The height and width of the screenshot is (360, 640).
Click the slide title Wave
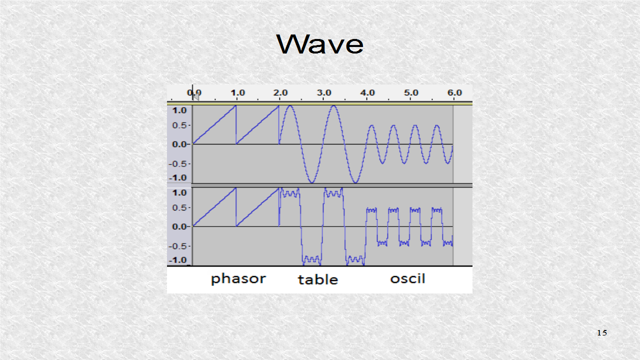pyautogui.click(x=320, y=44)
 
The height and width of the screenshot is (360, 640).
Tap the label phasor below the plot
pyautogui.click(x=238, y=278)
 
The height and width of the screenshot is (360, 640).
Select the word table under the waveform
pyautogui.click(x=318, y=279)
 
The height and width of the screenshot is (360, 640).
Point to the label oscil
pyautogui.click(x=407, y=278)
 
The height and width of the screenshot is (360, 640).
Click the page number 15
pyautogui.click(x=601, y=333)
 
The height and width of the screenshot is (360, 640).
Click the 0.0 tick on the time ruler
pyautogui.click(x=194, y=92)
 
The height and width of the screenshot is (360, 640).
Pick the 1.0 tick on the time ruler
pyautogui.click(x=237, y=92)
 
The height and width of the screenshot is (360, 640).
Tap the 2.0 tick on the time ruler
pyautogui.click(x=281, y=92)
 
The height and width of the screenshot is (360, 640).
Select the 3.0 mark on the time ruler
pyautogui.click(x=324, y=92)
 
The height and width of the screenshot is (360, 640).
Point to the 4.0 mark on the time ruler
pyautogui.click(x=367, y=92)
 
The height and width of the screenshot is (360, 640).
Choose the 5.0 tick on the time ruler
pyautogui.click(x=411, y=92)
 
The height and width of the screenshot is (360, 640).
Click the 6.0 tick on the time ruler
pyautogui.click(x=454, y=92)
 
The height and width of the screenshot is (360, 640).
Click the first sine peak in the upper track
pyautogui.click(x=290, y=106)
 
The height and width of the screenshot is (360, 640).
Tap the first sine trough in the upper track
pyautogui.click(x=312, y=182)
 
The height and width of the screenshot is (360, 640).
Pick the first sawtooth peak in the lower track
pyautogui.click(x=235, y=188)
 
